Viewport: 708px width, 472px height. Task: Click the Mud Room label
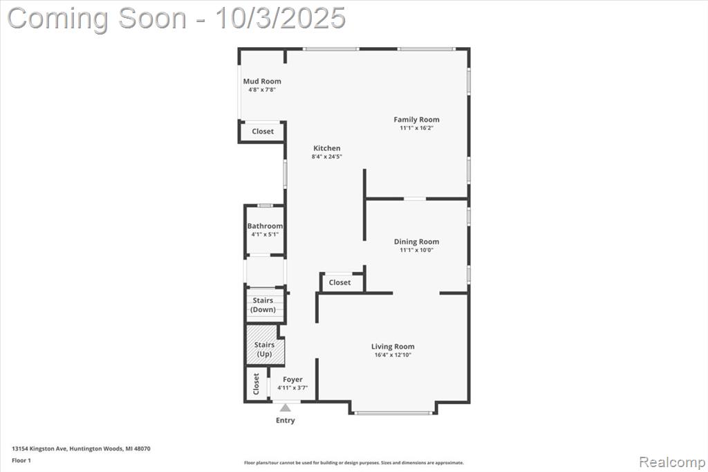[262, 82]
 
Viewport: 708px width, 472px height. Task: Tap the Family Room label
[416, 120]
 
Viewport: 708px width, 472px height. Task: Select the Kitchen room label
[327, 148]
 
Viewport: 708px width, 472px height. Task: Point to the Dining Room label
[416, 242]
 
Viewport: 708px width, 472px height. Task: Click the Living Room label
[393, 347]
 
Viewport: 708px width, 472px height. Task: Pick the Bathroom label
[265, 226]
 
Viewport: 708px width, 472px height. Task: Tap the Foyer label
[292, 380]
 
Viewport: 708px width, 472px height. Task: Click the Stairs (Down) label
[263, 305]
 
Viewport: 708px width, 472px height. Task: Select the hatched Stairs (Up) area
[265, 345]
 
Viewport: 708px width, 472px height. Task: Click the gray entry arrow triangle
[285, 408]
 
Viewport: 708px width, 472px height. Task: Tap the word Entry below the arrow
[286, 421]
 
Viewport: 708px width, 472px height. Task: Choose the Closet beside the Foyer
[256, 384]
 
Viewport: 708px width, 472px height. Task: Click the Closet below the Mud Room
[263, 131]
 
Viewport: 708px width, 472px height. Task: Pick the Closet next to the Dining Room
[339, 282]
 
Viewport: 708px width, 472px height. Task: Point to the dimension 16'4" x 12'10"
[393, 355]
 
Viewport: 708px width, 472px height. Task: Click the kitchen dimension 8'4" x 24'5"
[327, 157]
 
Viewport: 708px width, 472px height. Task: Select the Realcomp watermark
[672, 462]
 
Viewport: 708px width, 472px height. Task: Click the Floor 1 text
[21, 461]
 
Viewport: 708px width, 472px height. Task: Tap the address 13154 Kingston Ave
[39, 449]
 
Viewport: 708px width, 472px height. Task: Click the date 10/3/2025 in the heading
[281, 19]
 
